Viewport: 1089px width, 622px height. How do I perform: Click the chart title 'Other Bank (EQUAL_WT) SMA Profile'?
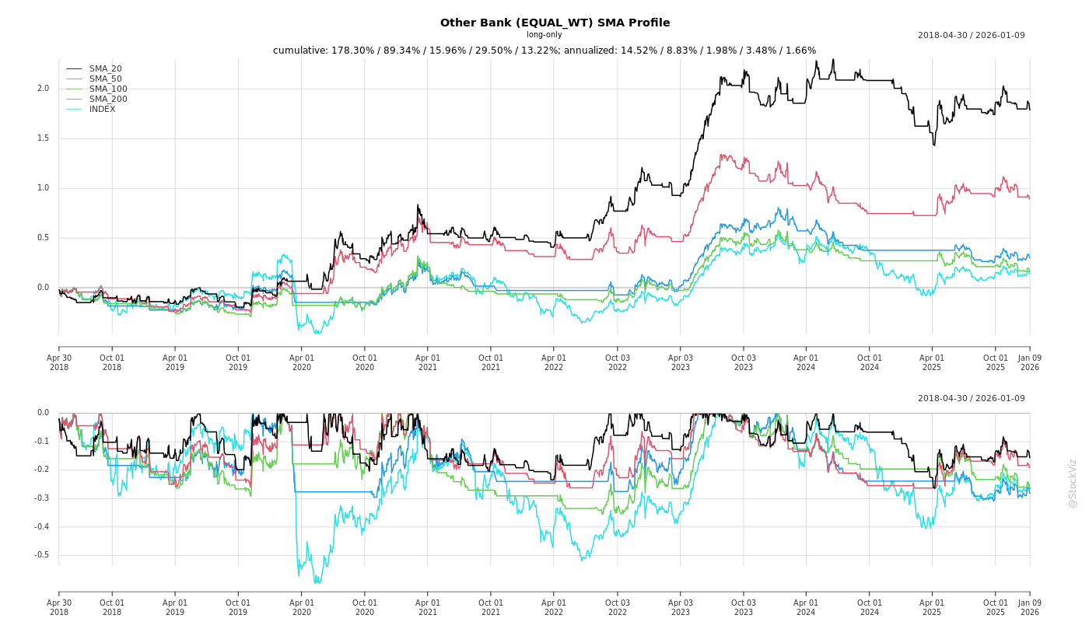(x=555, y=23)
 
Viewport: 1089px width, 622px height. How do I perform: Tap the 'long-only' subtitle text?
(x=544, y=35)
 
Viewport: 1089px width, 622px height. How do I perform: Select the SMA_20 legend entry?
(x=105, y=69)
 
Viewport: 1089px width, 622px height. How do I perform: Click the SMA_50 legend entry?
(x=105, y=79)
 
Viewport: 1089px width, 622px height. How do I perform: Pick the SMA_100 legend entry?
(x=108, y=89)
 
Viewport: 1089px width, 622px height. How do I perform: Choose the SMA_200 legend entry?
(x=108, y=100)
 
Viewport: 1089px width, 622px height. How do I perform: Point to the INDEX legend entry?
(x=102, y=110)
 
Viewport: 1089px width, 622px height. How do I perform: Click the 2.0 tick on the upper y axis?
(x=43, y=89)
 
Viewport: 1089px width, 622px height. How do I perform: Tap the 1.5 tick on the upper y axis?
(x=43, y=138)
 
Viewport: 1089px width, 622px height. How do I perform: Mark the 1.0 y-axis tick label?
(x=43, y=188)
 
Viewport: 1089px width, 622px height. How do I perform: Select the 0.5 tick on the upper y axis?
(x=43, y=238)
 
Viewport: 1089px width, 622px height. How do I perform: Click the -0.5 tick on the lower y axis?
(x=41, y=555)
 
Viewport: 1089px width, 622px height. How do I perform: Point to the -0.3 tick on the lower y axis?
(x=41, y=498)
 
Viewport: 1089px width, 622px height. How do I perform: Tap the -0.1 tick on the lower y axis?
(x=41, y=442)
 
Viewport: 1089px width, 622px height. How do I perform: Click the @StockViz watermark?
(x=1073, y=483)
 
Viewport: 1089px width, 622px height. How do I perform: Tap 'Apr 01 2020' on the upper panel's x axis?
(x=302, y=362)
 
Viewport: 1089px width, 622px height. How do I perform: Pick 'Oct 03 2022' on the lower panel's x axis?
(x=618, y=607)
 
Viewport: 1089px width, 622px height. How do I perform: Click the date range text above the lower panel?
(x=971, y=399)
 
